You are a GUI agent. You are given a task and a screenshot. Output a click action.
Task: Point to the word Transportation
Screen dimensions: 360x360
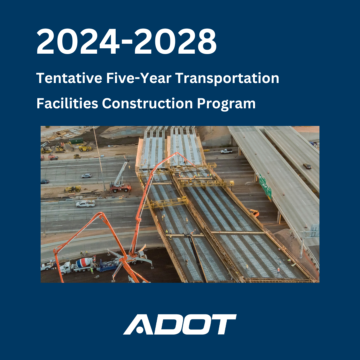(227, 78)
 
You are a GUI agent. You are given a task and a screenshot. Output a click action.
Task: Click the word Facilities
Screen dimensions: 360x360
(67, 103)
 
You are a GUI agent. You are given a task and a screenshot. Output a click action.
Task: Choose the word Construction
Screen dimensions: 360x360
(147, 103)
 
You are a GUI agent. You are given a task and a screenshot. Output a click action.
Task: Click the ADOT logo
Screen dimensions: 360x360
(180, 324)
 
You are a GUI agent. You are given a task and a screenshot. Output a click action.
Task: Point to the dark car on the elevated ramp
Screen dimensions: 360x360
(307, 166)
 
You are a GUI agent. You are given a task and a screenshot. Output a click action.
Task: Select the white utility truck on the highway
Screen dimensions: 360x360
(85, 203)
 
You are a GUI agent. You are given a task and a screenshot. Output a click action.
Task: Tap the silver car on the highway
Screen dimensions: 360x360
(86, 176)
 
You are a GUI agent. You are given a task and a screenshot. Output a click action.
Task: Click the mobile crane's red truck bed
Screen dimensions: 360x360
(120, 189)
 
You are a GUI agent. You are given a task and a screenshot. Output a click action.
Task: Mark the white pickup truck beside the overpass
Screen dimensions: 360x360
(226, 151)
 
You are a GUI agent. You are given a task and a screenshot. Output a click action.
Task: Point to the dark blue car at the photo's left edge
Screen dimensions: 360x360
(45, 181)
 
